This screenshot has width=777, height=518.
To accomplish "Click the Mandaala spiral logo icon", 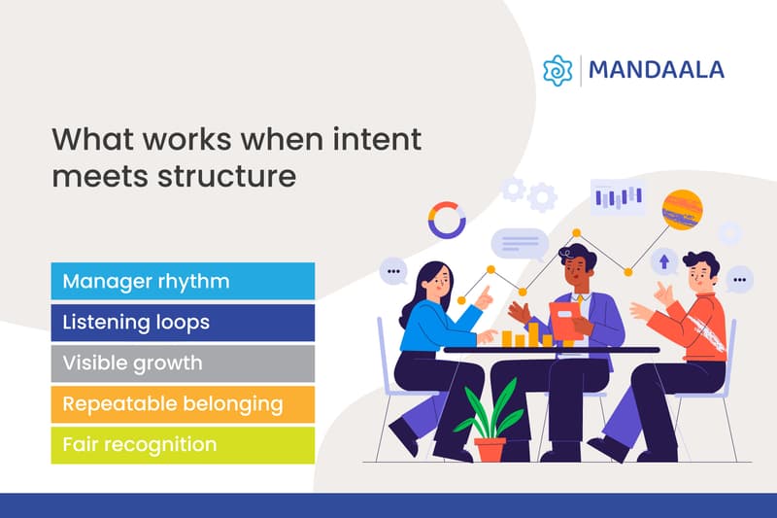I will click(x=557, y=71).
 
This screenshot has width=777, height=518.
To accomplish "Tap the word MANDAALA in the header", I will click(x=656, y=71).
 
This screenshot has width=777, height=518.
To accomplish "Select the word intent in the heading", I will click(x=373, y=140).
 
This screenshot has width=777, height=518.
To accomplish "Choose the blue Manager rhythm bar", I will click(x=183, y=282).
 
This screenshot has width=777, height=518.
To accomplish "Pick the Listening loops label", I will click(x=136, y=322).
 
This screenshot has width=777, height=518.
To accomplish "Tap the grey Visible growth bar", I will click(x=183, y=363).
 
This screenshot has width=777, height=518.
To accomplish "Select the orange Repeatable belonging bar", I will click(x=183, y=403).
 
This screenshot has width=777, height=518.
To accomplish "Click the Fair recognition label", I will click(x=139, y=444).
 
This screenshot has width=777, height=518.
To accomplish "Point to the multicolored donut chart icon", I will click(x=447, y=220).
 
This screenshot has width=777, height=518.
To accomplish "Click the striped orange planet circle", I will click(x=682, y=209).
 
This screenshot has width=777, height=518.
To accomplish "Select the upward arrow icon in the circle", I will click(x=664, y=260).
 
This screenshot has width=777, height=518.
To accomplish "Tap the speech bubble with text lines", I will click(x=519, y=243).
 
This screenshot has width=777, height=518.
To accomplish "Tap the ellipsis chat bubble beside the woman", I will click(x=392, y=271).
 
